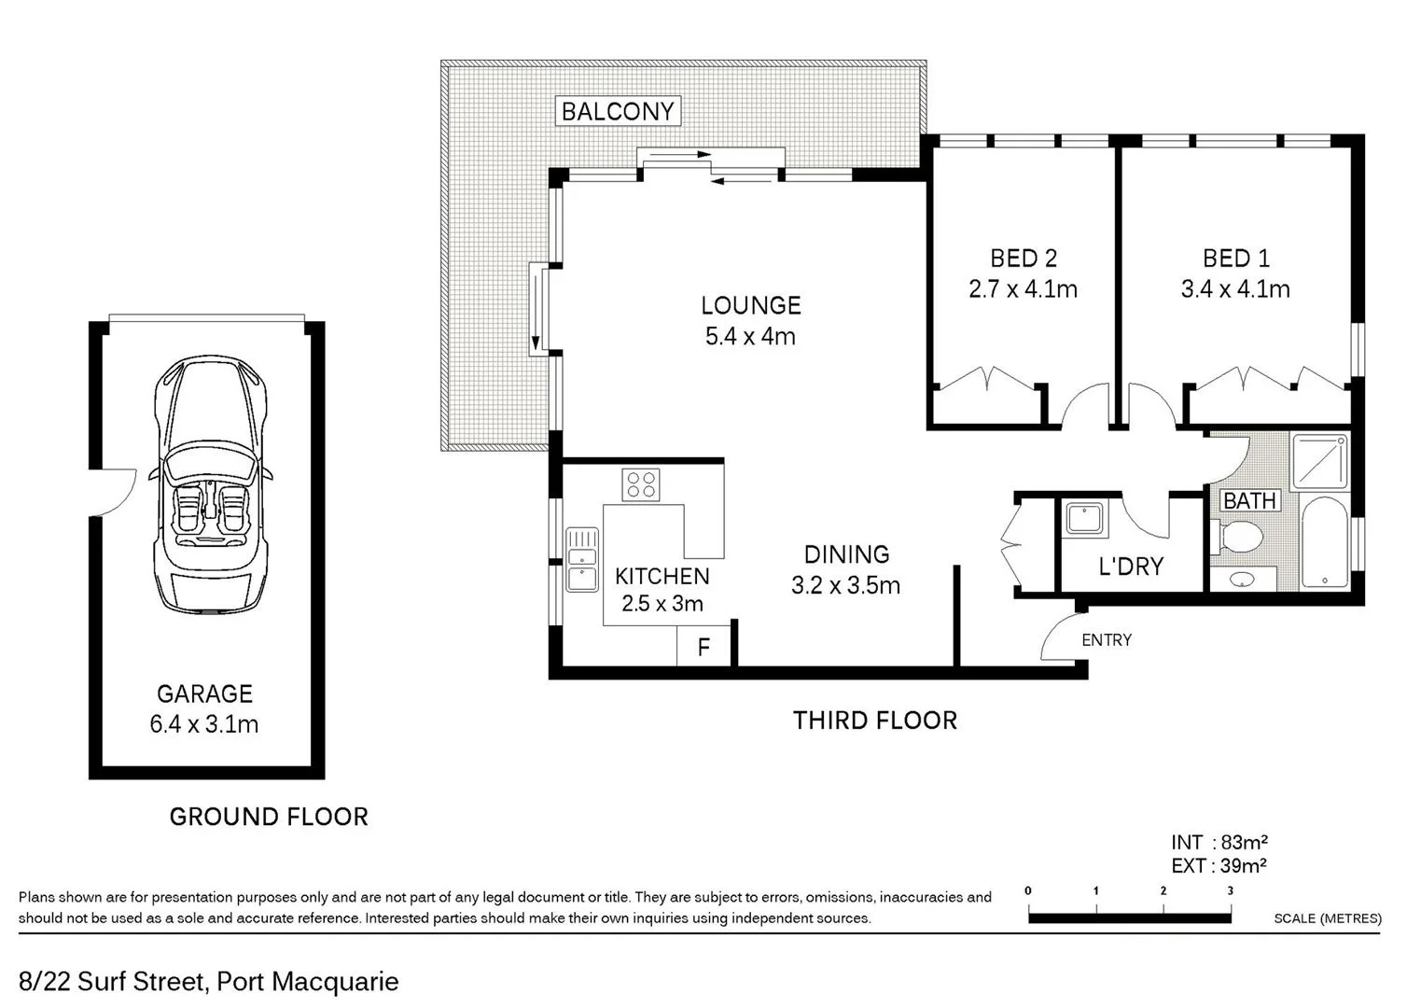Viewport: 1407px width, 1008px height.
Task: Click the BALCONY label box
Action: pos(617,111)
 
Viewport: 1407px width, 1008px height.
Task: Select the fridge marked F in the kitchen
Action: pos(703,646)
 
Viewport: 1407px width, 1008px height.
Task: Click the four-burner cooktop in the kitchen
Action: pos(641,484)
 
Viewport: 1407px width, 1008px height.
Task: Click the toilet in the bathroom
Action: pos(1239,537)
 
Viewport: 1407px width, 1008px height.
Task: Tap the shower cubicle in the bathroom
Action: pos(1319,461)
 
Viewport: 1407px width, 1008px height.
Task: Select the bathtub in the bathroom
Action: pos(1324,542)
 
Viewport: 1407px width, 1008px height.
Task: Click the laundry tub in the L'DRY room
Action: pos(1083,518)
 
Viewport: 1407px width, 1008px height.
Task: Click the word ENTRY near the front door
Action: pos(1106,640)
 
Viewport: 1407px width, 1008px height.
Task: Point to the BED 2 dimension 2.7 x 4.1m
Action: pos(1023,289)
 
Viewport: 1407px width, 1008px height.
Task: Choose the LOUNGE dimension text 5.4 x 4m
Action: pos(750,336)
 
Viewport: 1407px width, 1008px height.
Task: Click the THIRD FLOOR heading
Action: pos(874,721)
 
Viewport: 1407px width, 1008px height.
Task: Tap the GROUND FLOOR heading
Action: pos(269,817)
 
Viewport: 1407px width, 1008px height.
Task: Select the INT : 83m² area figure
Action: pos(1219,843)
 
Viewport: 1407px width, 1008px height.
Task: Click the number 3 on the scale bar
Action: pos(1230,891)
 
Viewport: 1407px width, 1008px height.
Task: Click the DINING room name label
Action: pos(846,554)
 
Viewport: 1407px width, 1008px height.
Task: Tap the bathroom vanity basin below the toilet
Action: pos(1242,580)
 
